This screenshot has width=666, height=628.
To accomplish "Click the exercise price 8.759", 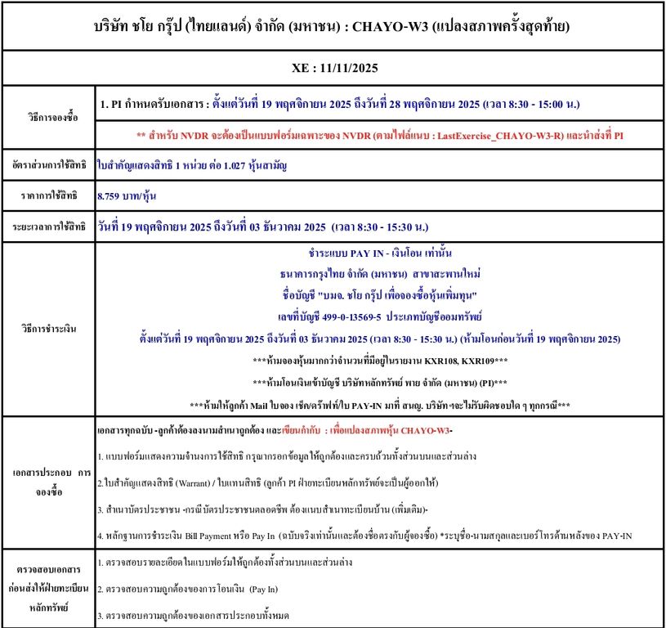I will [110, 195].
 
